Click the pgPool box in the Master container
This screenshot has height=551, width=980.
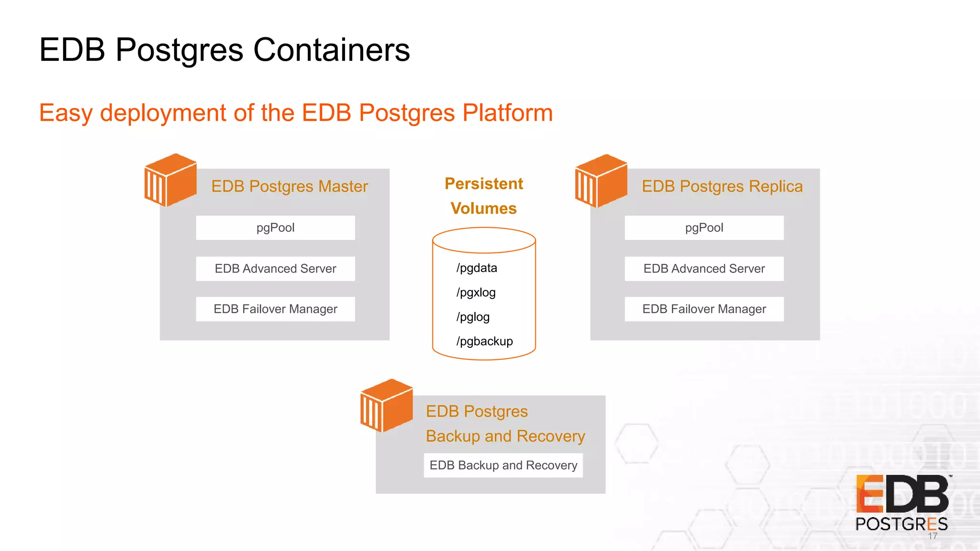pos(275,228)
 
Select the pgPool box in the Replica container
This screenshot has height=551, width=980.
pos(704,228)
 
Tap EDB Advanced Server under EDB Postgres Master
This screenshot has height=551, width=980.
pos(275,269)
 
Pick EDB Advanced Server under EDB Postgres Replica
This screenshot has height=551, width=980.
pos(704,269)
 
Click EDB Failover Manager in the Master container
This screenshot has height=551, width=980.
pos(275,309)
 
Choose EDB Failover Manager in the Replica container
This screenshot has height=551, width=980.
pos(704,309)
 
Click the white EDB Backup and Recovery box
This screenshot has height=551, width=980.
pos(503,465)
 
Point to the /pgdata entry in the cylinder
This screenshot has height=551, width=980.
pos(477,268)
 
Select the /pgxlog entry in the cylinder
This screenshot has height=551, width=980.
pos(476,292)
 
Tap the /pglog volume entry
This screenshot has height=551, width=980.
pos(473,317)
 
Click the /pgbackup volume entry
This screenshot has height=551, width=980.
pos(484,341)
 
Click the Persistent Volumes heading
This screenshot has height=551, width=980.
pos(484,196)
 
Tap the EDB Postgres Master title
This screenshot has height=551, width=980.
pos(290,186)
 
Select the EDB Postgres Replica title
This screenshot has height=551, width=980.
pos(722,186)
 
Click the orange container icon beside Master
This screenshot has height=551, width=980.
pos(170,180)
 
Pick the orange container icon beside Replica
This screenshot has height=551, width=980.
pos(601,181)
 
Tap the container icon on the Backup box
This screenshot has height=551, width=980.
pos(386,406)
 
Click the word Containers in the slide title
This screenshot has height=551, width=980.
pos(331,50)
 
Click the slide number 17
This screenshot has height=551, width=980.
pos(933,536)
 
